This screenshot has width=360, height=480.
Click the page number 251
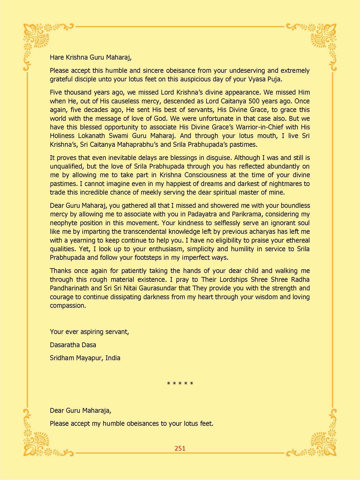[x=180, y=448]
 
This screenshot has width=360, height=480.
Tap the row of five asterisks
[x=180, y=384]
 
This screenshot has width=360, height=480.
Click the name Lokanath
[x=92, y=136]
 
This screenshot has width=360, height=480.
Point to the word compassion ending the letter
[x=68, y=306]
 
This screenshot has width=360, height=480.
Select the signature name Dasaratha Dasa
[x=73, y=345]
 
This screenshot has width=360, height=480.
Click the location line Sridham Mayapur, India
[x=85, y=358]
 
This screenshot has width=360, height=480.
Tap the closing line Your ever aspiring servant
[x=89, y=332]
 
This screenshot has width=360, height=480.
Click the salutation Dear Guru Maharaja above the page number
[x=80, y=410]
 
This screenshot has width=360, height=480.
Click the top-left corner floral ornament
[x=37, y=37]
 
